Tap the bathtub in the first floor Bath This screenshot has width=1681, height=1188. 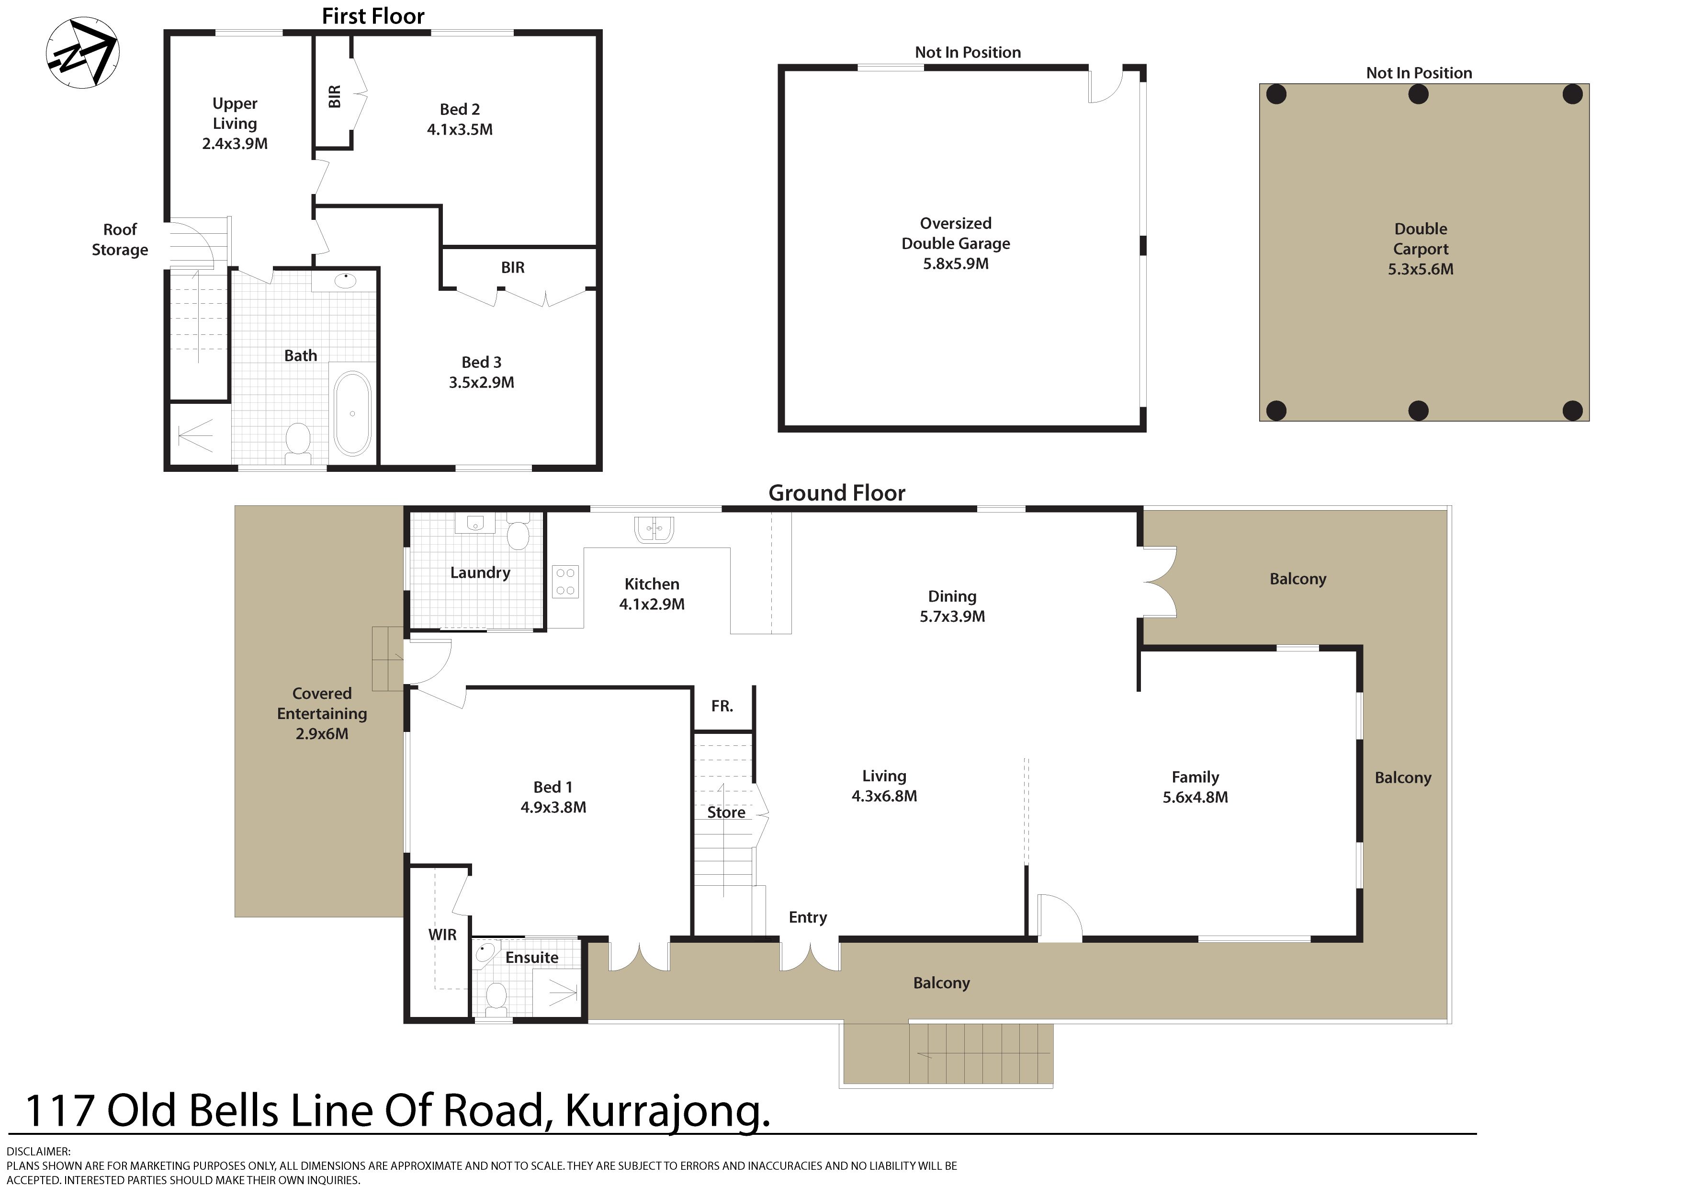click(x=352, y=414)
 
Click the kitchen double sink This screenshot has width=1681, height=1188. click(x=654, y=529)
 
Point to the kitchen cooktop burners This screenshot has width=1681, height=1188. click(x=565, y=582)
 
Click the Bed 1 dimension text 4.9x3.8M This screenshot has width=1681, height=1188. click(x=553, y=807)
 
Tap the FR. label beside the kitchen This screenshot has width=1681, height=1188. click(x=722, y=706)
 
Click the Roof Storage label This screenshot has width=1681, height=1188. click(x=120, y=240)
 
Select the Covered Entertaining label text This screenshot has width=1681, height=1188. click(x=322, y=703)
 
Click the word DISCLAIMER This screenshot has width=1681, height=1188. click(x=38, y=1152)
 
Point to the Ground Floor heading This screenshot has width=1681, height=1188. click(x=837, y=493)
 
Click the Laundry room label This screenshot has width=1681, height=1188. click(x=480, y=573)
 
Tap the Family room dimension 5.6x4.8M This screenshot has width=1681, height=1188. click(x=1196, y=797)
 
